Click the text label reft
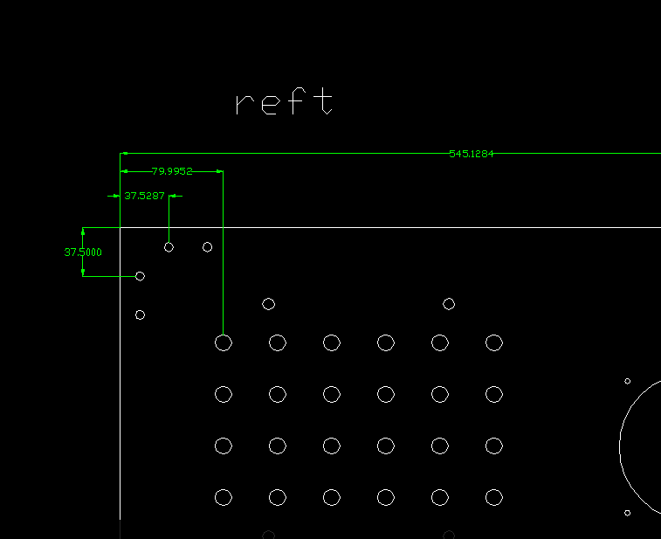(285, 102)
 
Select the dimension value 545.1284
(472, 154)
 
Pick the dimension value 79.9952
(171, 171)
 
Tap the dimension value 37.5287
(144, 196)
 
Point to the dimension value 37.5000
(83, 252)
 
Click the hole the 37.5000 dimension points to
(140, 276)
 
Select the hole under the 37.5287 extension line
(169, 247)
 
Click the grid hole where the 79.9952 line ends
(224, 342)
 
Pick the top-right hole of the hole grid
(494, 342)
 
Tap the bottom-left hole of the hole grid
(224, 498)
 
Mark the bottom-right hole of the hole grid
(494, 498)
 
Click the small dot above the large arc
(627, 381)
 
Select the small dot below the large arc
(627, 514)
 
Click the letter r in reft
(244, 105)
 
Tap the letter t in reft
(325, 100)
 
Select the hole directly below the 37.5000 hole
(140, 314)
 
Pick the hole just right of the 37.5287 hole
(207, 247)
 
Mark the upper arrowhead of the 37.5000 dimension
(83, 231)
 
